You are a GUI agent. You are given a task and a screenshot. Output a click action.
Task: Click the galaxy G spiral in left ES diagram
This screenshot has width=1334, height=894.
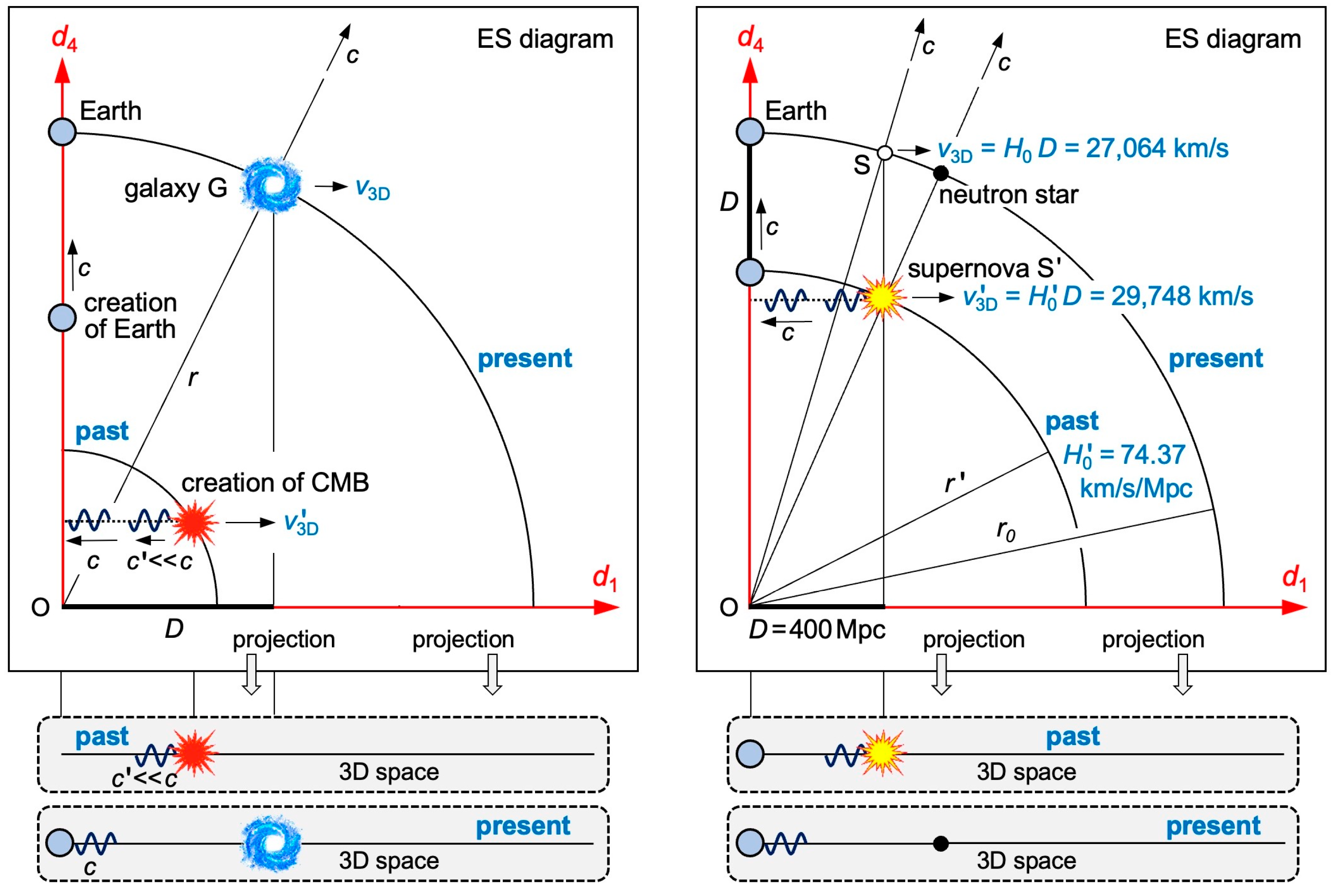pyautogui.click(x=271, y=185)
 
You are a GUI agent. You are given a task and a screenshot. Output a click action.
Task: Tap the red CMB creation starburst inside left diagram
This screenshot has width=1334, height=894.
pyautogui.click(x=194, y=522)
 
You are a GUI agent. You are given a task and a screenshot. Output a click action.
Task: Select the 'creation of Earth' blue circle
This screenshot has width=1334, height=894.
pyautogui.click(x=62, y=317)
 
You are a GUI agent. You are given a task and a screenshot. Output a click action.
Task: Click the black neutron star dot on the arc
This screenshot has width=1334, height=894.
pyautogui.click(x=941, y=173)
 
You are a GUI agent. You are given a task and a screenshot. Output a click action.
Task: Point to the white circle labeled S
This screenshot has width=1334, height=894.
pyautogui.click(x=885, y=153)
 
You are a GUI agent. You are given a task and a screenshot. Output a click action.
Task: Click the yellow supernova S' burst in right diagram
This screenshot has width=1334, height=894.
pyautogui.click(x=882, y=298)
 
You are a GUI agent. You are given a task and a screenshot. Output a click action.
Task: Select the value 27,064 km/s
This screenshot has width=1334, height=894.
pyautogui.click(x=1157, y=148)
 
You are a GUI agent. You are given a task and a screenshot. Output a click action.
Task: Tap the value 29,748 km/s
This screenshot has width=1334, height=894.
pyautogui.click(x=1182, y=296)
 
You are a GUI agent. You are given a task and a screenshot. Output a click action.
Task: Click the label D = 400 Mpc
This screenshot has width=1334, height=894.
pyautogui.click(x=817, y=630)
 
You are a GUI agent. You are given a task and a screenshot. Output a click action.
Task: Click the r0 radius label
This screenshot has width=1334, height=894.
pyautogui.click(x=1005, y=530)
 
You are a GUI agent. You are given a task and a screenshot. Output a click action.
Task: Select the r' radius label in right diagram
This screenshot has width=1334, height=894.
pyautogui.click(x=954, y=483)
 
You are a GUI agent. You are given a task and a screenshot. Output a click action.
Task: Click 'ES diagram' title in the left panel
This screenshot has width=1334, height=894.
pyautogui.click(x=545, y=39)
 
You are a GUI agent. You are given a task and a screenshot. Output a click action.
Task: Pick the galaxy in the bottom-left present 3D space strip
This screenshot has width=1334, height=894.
pyautogui.click(x=271, y=843)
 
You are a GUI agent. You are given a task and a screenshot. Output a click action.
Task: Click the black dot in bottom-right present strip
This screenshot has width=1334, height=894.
pyautogui.click(x=941, y=843)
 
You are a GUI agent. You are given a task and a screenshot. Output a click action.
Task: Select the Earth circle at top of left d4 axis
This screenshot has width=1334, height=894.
pyautogui.click(x=62, y=132)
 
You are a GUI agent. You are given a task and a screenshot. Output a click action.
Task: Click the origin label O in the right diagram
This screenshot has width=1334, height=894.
pyautogui.click(x=728, y=608)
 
